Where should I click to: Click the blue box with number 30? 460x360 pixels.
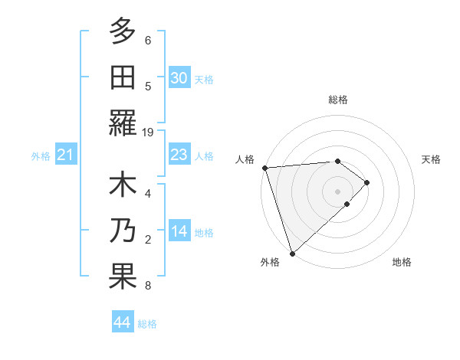(179, 78)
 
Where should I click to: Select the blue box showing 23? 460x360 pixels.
(179, 155)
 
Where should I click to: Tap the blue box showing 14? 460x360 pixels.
(179, 231)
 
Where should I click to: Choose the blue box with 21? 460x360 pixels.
(65, 155)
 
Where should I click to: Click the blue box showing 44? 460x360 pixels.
(122, 322)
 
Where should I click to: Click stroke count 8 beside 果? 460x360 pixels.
(148, 286)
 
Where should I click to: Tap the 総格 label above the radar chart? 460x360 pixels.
(337, 100)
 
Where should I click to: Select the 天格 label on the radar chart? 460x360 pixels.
(431, 159)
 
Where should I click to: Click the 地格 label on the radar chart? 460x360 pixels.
(402, 262)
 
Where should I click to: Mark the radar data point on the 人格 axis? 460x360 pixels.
(264, 167)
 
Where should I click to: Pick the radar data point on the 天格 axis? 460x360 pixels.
(367, 182)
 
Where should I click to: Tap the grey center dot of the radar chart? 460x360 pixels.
(337, 190)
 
